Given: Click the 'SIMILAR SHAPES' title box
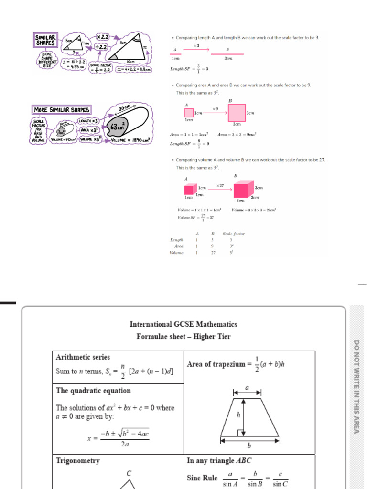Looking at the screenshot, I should point(46,40).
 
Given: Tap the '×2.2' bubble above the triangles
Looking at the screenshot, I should point(102,37).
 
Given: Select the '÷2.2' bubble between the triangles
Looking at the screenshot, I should point(101,47).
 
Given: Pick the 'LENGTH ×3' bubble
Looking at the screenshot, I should point(88,121).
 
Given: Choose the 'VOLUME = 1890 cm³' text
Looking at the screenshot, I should point(130,140).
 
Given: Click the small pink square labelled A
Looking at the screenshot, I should point(189,113).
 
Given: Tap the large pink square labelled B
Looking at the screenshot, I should point(237,113).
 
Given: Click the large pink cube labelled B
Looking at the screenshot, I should point(242,189).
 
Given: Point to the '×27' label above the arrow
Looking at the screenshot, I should point(220,185).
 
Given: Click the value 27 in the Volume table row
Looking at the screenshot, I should point(214,253).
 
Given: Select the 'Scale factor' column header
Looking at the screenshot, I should point(234,234).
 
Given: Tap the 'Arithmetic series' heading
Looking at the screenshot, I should point(83,357).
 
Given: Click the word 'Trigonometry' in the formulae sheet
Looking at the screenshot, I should point(78,461).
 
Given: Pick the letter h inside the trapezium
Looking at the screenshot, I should point(238,415).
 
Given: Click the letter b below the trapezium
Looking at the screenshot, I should point(249,446).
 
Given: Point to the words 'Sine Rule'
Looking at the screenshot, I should point(202,478).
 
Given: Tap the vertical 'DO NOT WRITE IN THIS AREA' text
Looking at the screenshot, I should point(356,387).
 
